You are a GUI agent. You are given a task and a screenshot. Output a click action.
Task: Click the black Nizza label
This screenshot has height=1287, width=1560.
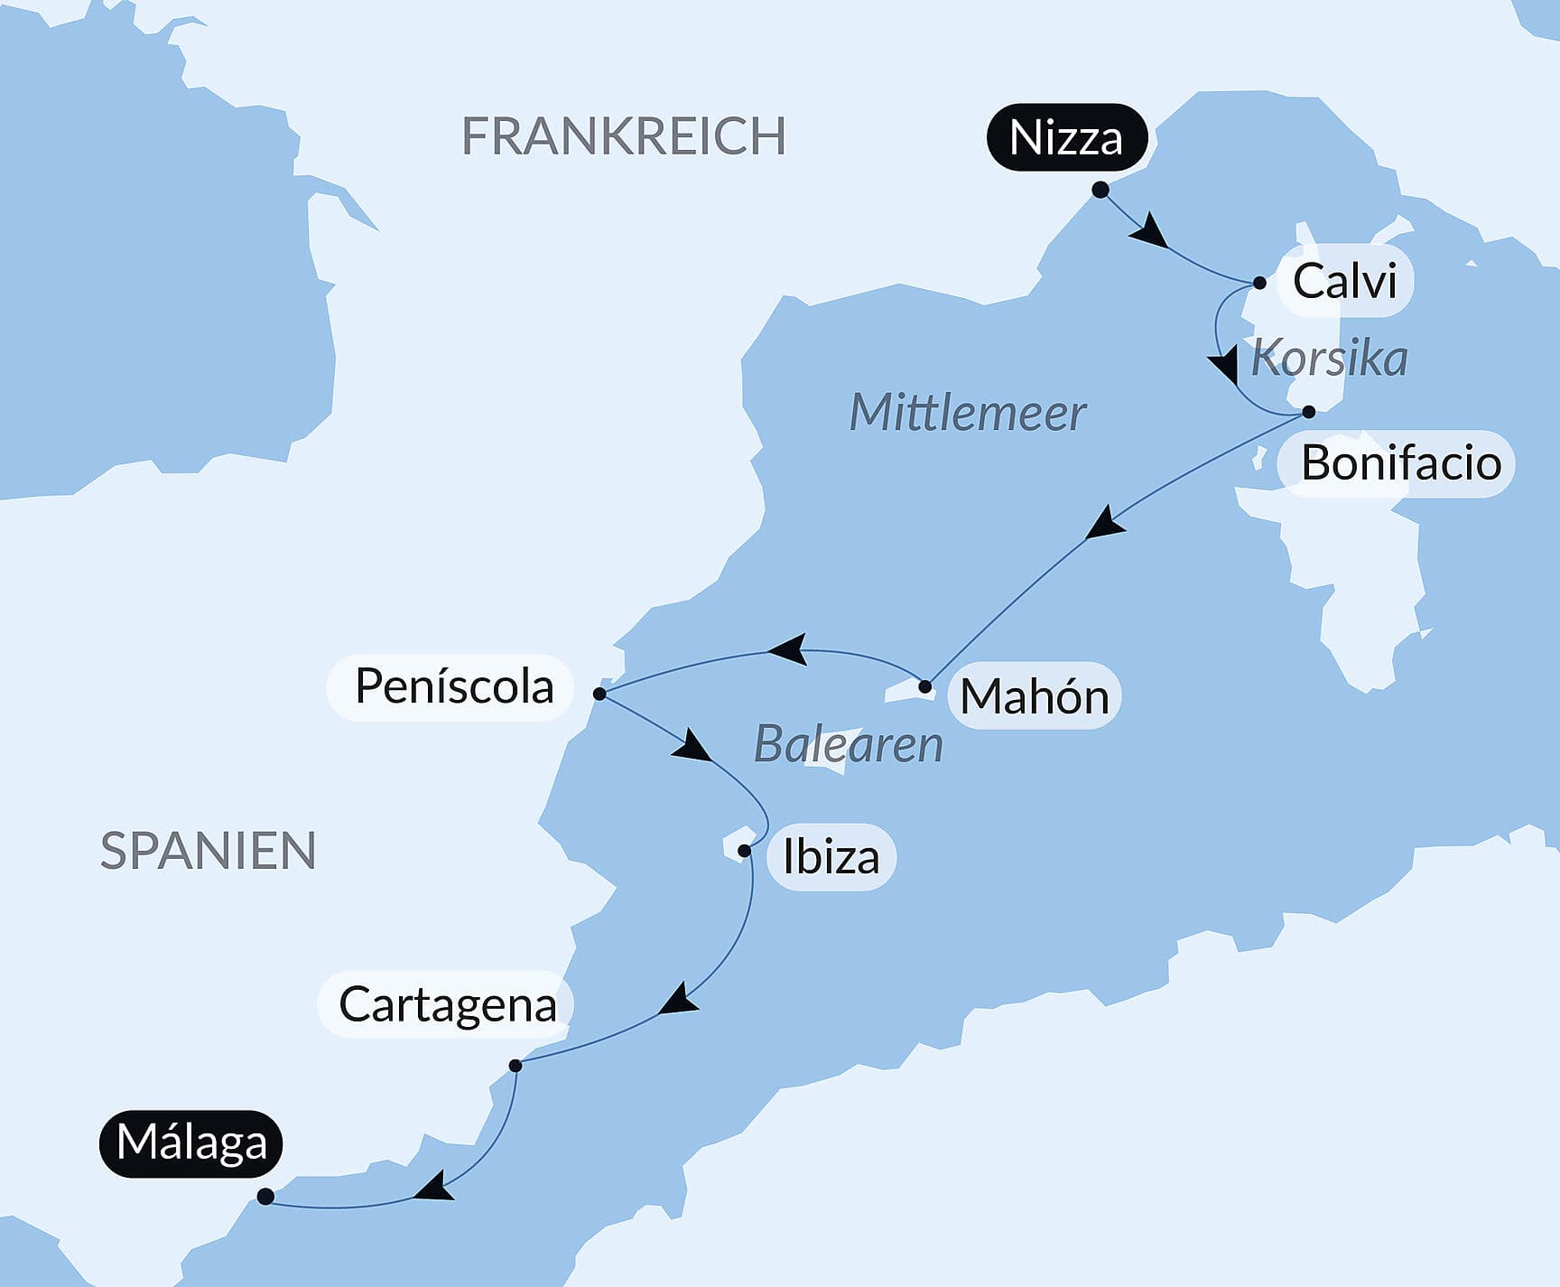pos(1066,138)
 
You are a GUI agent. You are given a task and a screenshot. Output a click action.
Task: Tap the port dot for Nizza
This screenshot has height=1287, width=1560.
pos(1100,190)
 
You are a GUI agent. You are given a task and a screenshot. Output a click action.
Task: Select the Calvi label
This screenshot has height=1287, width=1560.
pos(1344,281)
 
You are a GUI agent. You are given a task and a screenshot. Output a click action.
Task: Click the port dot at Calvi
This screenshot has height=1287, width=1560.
pos(1259,283)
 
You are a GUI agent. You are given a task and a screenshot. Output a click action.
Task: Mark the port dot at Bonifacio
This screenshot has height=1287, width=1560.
pos(1308,412)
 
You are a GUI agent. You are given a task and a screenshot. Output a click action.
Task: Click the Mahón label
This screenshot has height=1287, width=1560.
pos(1034,696)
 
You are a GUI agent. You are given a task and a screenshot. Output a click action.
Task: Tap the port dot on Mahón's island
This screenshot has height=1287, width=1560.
pos(924,687)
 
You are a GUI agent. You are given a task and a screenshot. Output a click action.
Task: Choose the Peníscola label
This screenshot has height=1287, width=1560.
pos(453,686)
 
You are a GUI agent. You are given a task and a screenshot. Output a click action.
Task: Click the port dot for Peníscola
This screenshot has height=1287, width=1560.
pos(599,694)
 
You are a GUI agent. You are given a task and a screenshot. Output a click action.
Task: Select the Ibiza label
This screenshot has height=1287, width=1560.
pos(831,857)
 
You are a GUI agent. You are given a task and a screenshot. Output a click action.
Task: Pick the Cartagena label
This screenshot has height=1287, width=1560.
pos(447,1004)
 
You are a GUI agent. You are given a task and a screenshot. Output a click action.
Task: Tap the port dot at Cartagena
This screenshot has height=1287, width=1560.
pos(515,1066)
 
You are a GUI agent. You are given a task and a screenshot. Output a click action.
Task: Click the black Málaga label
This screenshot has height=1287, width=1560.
pos(191,1142)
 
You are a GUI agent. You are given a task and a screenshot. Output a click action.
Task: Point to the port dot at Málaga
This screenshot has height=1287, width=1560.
pos(265,1197)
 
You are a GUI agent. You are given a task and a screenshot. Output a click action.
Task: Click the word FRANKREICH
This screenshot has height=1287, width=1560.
pos(623,136)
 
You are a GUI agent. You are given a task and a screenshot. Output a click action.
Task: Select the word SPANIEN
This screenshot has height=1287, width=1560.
pos(208,851)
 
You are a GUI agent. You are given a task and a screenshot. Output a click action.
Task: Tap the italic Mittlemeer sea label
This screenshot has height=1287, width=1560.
pos(967,413)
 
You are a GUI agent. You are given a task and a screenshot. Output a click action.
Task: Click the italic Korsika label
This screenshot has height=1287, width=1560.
pos(1329,359)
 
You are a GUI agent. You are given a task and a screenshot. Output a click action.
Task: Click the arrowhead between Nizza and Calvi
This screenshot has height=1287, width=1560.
pos(1150,232)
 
